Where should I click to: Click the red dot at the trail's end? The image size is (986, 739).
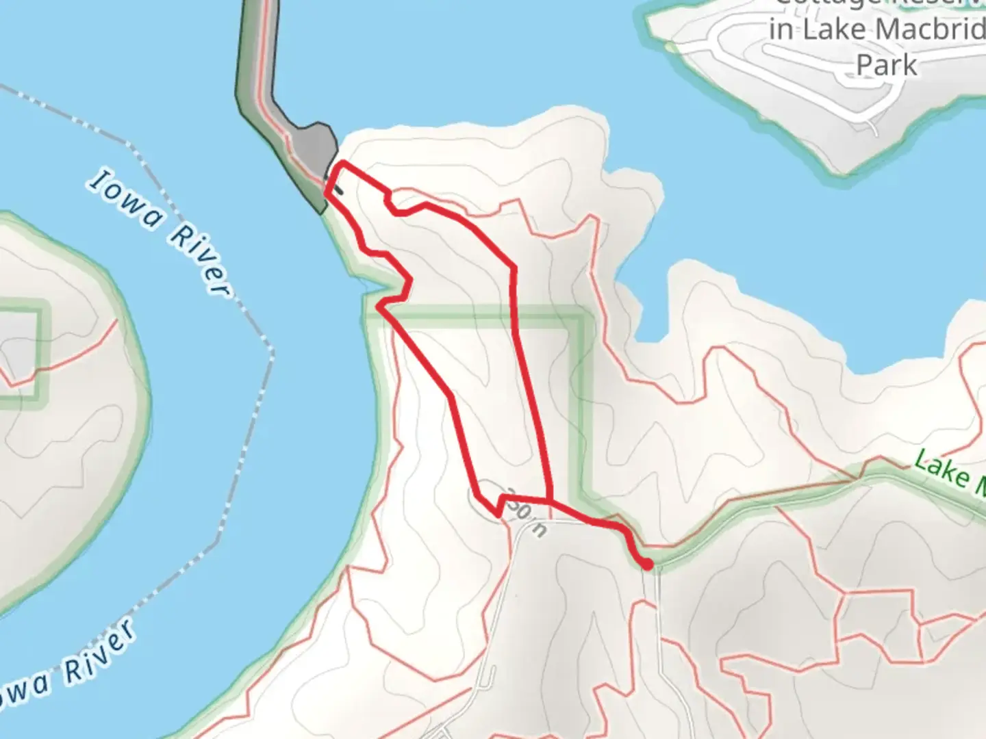(647, 564)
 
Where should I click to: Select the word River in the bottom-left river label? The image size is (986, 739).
(98, 651)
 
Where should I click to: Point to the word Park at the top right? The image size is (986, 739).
(887, 65)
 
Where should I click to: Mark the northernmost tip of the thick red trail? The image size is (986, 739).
(340, 164)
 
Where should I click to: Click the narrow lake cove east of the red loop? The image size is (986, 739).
(637, 301)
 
